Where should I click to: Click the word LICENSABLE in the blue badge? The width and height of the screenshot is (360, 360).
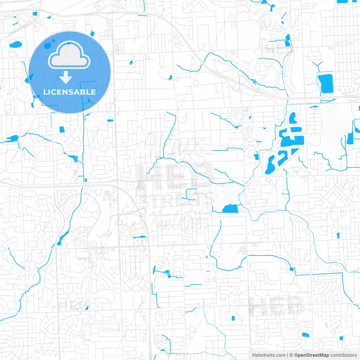69,92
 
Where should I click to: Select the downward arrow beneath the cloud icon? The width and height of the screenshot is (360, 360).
66,77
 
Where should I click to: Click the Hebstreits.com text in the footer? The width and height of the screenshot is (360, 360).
269,355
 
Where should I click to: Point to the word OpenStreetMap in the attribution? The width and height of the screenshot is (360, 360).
311,355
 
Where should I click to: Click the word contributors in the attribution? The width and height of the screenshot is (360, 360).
343,355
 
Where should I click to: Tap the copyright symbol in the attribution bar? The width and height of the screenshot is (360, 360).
291,355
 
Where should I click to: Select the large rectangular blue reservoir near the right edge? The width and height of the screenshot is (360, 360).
326,83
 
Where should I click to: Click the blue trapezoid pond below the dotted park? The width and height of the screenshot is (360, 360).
231,209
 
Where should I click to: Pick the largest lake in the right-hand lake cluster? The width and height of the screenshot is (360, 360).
292,141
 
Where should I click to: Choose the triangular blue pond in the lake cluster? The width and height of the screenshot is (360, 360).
294,151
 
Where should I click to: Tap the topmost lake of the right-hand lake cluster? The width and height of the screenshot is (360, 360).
293,118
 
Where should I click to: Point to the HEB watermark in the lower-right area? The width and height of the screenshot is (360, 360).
277,305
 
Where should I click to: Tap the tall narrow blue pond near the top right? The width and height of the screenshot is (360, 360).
287,41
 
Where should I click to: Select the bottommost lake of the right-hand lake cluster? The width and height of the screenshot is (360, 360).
271,165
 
